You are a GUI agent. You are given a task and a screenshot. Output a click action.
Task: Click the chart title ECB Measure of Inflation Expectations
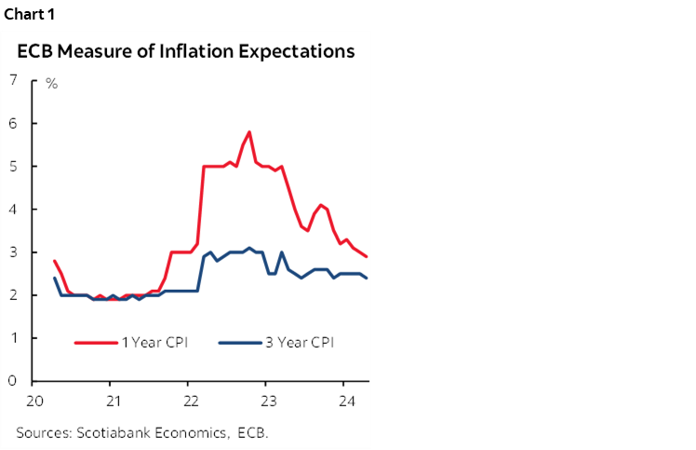click(185, 51)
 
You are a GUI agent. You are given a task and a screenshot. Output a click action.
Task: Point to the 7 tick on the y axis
click(13, 81)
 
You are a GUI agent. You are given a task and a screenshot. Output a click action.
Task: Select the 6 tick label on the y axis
click(13, 124)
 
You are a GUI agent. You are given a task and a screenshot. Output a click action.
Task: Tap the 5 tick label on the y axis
click(13, 167)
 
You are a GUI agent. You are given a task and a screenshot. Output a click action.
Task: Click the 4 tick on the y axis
click(13, 210)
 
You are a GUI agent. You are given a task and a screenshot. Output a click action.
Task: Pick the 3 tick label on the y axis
click(13, 252)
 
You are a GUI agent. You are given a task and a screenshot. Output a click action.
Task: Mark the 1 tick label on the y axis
click(13, 338)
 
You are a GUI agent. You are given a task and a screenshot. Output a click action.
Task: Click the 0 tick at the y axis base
click(13, 381)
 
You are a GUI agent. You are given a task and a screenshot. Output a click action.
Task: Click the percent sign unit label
click(52, 85)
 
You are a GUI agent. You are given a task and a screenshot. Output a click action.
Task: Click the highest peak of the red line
click(249, 132)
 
